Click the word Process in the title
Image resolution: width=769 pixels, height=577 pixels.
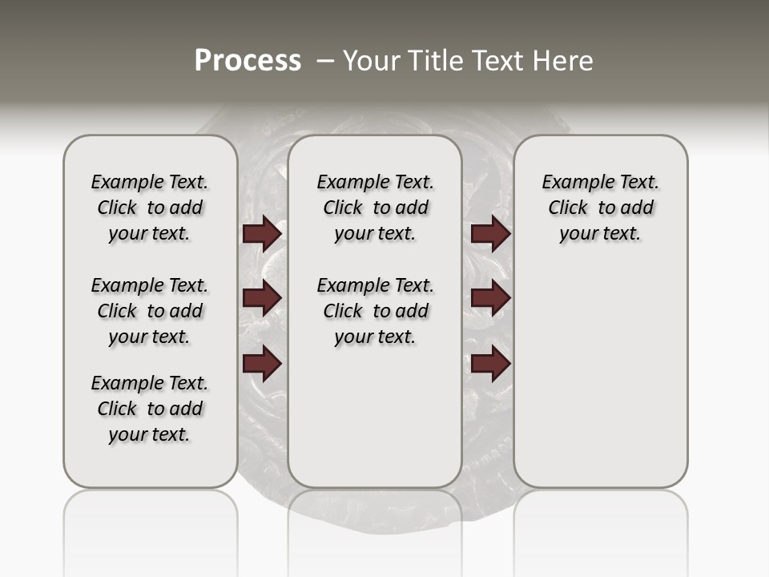coord(248,61)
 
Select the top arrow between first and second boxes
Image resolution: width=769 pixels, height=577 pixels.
coord(262,233)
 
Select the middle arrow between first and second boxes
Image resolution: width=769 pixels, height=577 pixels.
coord(262,298)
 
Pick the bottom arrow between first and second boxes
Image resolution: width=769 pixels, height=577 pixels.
coord(262,364)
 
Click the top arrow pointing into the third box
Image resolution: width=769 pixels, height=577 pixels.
coord(490,233)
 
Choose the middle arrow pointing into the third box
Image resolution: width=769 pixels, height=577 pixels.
coord(490,298)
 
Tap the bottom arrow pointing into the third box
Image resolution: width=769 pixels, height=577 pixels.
coord(490,364)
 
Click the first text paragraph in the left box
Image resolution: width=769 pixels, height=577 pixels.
coord(150,208)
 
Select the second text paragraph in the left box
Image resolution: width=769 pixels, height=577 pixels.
coord(150,311)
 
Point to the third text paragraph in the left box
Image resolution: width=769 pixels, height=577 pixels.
coord(150,409)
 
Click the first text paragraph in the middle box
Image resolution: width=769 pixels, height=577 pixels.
coord(375,208)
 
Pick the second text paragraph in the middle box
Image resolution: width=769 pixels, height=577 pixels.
coord(375,311)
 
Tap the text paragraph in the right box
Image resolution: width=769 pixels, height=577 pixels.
coord(600,208)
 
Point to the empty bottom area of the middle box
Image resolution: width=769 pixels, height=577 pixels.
coord(375,425)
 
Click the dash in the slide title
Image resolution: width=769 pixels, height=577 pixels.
coord(326,61)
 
